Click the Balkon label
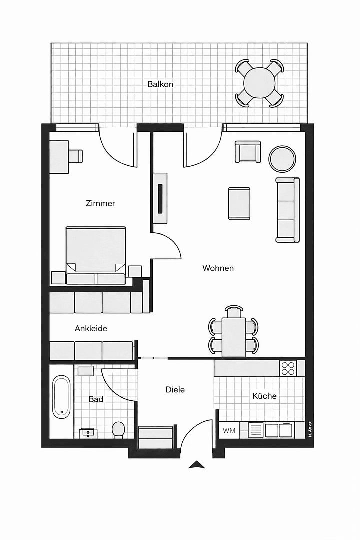pyautogui.click(x=160, y=84)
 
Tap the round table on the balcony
pyautogui.click(x=259, y=82)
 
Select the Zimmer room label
pyautogui.click(x=100, y=203)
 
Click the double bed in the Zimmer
pyautogui.click(x=95, y=252)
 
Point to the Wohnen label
pyautogui.click(x=218, y=268)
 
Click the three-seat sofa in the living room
pyautogui.click(x=288, y=210)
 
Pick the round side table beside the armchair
pyautogui.click(x=282, y=159)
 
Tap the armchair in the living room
pyautogui.click(x=248, y=152)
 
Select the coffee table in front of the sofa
pyautogui.click(x=239, y=203)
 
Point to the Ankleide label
pyautogui.click(x=91, y=329)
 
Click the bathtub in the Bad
pyautogui.click(x=62, y=398)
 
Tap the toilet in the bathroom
pyautogui.click(x=118, y=429)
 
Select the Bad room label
pyautogui.click(x=96, y=399)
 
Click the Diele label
pyautogui.click(x=175, y=389)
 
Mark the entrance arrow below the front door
pyautogui.click(x=197, y=465)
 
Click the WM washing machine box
pyautogui.click(x=229, y=430)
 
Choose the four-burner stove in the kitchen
pyautogui.click(x=288, y=368)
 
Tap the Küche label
pyautogui.click(x=264, y=396)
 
